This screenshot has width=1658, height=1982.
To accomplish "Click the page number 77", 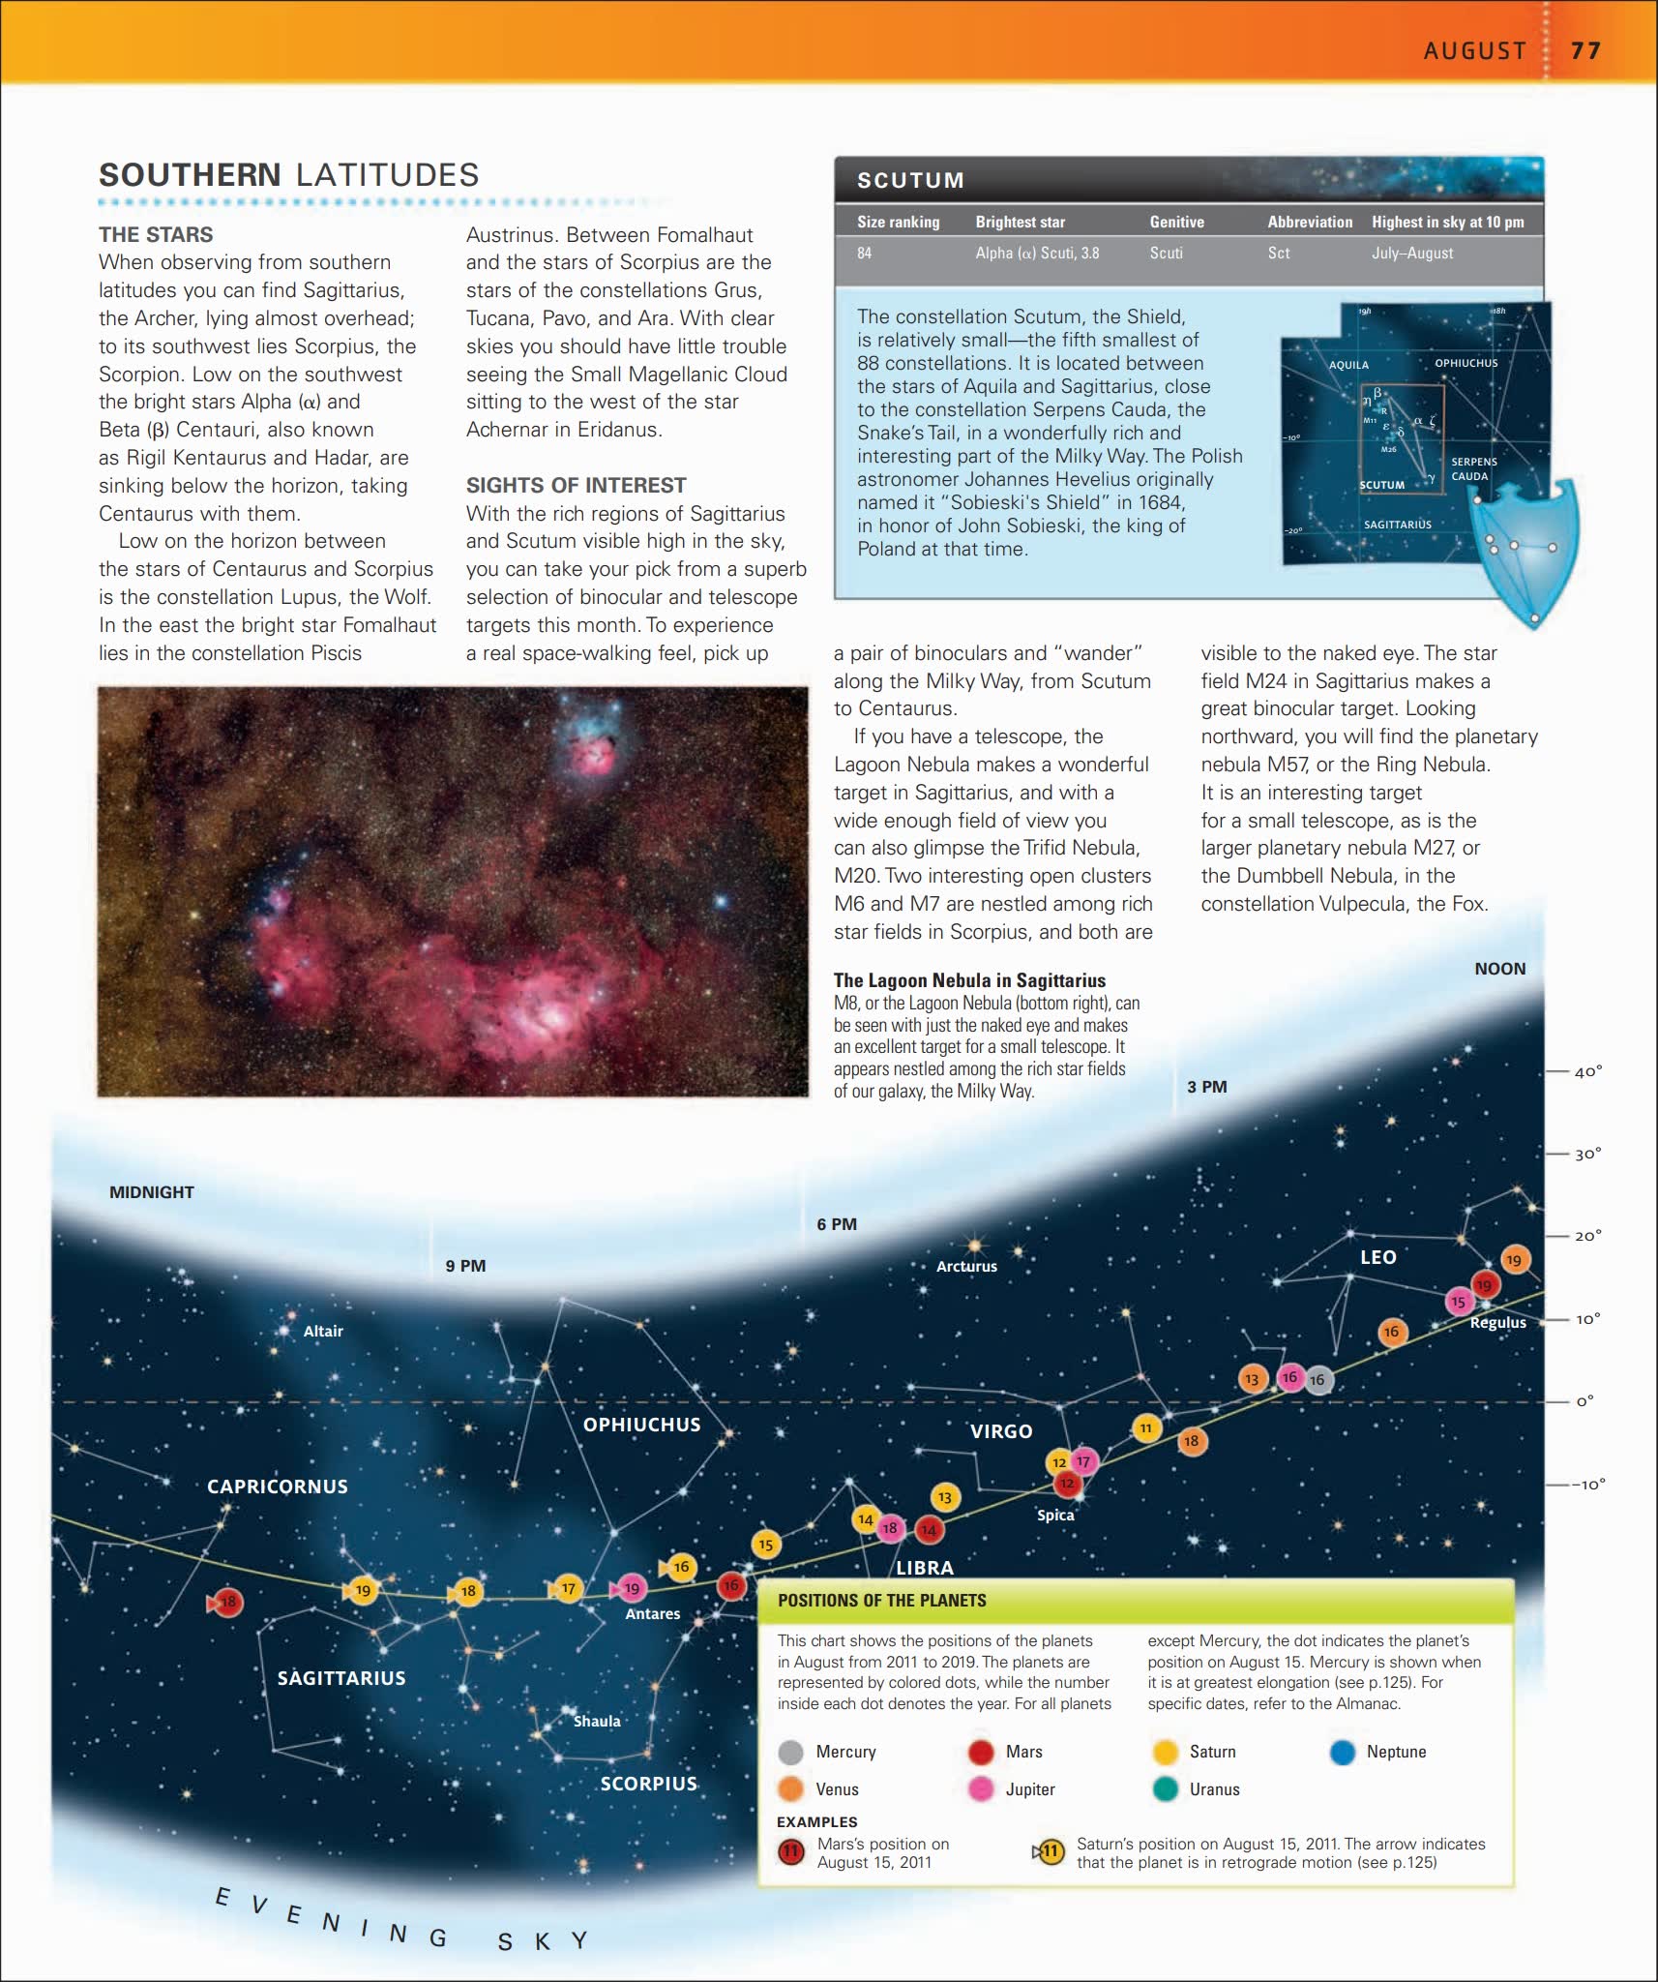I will [x=1585, y=50].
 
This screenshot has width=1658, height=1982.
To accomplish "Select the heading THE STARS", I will [x=156, y=234].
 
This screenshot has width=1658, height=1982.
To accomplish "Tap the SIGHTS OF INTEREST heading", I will [x=576, y=485].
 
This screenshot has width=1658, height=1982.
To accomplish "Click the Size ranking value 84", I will [x=864, y=253].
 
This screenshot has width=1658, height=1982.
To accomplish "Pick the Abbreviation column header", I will [x=1310, y=222].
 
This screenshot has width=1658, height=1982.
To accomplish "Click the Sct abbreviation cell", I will [x=1278, y=253].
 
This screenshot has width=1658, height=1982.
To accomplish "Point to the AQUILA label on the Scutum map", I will [x=1348, y=365].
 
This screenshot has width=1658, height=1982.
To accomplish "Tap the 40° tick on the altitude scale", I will [x=1587, y=1071].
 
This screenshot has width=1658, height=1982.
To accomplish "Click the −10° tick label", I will [x=1587, y=1484].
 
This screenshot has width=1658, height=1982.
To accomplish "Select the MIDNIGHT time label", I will [x=152, y=1192].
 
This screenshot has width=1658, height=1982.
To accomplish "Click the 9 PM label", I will [x=465, y=1266].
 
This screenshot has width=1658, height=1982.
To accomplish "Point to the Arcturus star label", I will [x=966, y=1266].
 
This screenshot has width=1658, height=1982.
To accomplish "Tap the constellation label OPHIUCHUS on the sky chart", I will [x=641, y=1424].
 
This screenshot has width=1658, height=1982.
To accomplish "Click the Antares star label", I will [x=652, y=1613].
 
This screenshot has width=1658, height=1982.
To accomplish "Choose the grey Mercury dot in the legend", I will [x=790, y=1752].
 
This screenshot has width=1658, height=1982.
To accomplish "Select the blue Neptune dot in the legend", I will [x=1342, y=1752].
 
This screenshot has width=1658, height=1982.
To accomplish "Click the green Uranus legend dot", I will [x=1166, y=1789].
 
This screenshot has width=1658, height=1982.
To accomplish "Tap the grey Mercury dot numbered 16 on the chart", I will [x=1318, y=1380].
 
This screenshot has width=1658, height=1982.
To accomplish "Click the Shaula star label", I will [x=597, y=1721].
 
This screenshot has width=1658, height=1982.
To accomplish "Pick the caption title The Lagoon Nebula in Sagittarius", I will [x=969, y=979].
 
